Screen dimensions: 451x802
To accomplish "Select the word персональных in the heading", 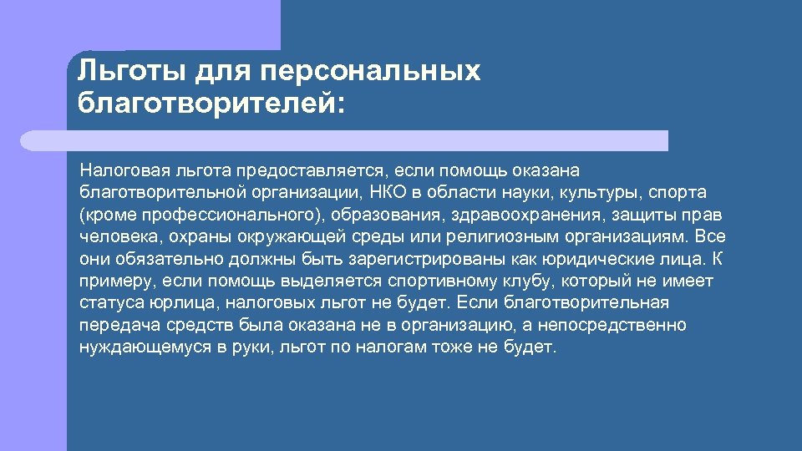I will [x=371, y=71].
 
